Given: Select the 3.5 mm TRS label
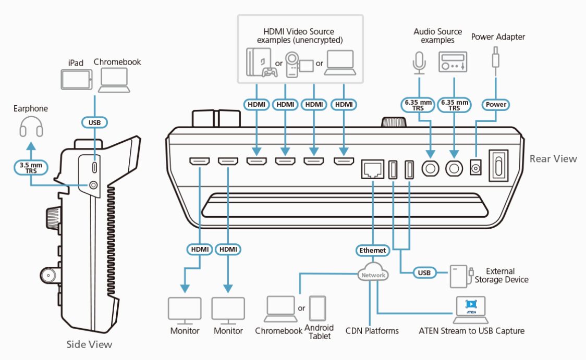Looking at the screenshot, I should click(x=31, y=167).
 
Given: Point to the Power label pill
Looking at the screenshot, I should click(x=496, y=104).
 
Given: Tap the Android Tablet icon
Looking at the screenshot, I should click(x=318, y=309).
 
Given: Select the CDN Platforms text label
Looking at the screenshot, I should click(x=372, y=331).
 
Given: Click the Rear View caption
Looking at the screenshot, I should click(x=553, y=158).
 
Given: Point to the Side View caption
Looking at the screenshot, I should click(x=89, y=344).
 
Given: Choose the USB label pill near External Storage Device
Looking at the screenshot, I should click(x=424, y=272).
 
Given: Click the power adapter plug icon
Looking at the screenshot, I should click(x=495, y=57).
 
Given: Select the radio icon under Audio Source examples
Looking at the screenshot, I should click(x=452, y=63).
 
